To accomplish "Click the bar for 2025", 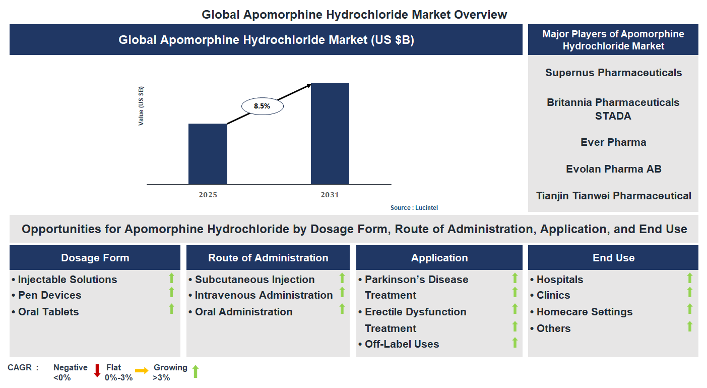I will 208,154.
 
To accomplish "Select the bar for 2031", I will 330,134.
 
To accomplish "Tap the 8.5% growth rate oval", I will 262,106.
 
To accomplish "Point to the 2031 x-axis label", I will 330,195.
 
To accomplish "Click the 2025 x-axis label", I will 208,195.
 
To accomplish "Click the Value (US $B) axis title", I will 141,106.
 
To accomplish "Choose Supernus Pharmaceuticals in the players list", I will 613,73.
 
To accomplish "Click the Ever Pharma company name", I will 613,142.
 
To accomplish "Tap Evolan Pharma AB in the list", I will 613,169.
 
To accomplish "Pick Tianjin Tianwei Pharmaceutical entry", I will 613,196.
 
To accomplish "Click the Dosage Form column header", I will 95,258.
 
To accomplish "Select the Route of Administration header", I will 268,258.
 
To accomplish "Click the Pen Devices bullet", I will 49,295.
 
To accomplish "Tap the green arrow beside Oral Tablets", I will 171,309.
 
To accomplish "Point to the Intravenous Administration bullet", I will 264,295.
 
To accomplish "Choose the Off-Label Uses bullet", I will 402,344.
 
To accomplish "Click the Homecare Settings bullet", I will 584,312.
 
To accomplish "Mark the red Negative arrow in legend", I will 97,371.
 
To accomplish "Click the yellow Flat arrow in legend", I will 142,371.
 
